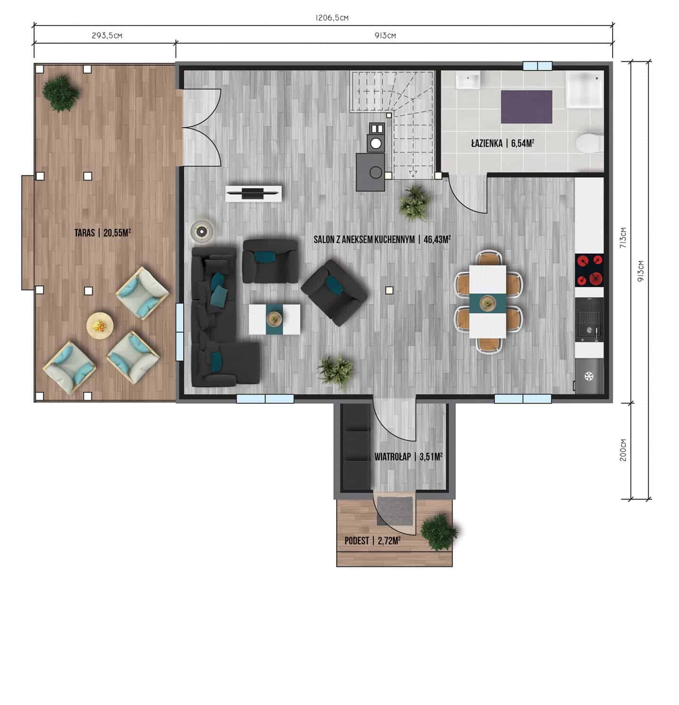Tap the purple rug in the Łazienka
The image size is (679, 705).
point(526,107)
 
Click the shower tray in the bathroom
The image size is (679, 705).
point(585,89)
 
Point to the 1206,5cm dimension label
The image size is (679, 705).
point(332,18)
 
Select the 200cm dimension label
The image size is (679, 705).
point(623,450)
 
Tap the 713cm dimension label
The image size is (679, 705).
point(623,238)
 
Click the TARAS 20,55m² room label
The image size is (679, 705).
point(102,232)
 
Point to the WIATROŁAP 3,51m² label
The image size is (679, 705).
point(408,456)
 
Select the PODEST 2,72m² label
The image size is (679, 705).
point(373,540)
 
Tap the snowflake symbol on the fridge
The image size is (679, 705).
point(588,376)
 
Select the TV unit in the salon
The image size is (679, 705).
point(254,193)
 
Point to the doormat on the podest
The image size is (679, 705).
point(396,510)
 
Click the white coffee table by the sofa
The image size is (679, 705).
point(274,319)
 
